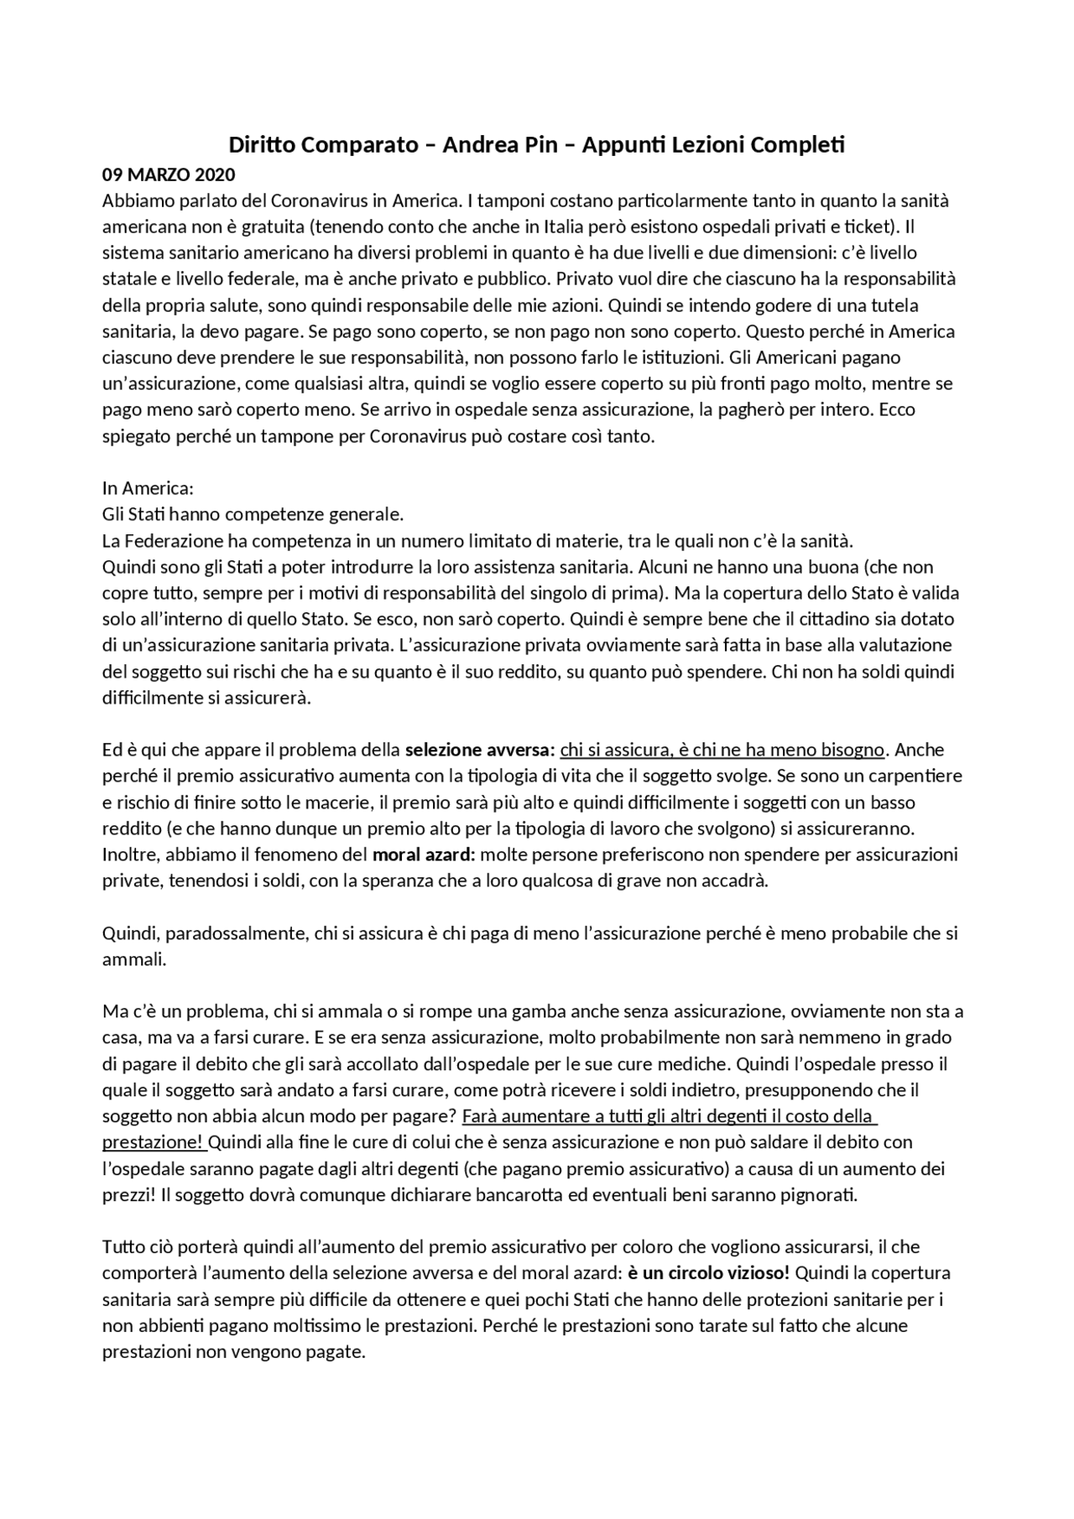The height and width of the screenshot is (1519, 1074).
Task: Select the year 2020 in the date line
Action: coord(215,175)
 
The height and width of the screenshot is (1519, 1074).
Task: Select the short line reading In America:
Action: coord(148,488)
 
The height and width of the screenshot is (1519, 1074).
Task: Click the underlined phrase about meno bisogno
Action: coord(722,750)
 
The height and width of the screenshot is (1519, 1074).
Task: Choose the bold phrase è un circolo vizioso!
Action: coord(709,1273)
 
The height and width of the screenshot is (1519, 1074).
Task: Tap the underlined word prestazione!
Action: coord(153,1142)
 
